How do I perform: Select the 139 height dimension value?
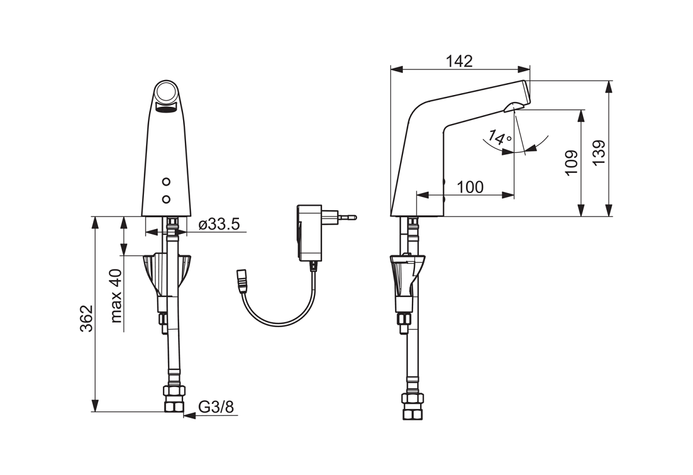coord(598,153)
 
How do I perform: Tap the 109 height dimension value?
coord(571,163)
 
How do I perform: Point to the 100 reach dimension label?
coord(470,186)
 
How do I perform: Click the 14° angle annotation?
coord(499,138)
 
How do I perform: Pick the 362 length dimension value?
coord(87,318)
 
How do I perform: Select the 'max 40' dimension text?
coord(116,295)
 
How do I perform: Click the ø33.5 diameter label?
coord(219,224)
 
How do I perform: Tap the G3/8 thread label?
coord(216,407)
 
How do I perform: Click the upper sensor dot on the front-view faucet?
coord(166,182)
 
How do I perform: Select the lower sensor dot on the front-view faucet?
coord(166,199)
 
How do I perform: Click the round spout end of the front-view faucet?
coord(166,92)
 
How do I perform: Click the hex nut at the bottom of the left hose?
coord(174,398)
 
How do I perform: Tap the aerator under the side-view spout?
coord(514,107)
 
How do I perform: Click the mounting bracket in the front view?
coord(167,274)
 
